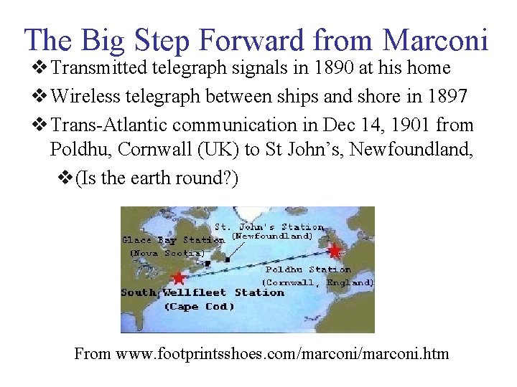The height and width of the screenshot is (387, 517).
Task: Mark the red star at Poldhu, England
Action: point(335,251)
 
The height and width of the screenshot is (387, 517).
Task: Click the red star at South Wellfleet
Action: point(178,277)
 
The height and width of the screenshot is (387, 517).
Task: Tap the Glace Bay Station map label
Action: point(173,240)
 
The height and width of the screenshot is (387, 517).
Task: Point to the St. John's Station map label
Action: point(264,227)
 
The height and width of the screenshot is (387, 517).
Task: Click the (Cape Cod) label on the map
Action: point(200,307)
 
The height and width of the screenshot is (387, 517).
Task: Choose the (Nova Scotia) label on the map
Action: point(167,253)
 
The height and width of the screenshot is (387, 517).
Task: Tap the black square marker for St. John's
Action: point(228,259)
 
